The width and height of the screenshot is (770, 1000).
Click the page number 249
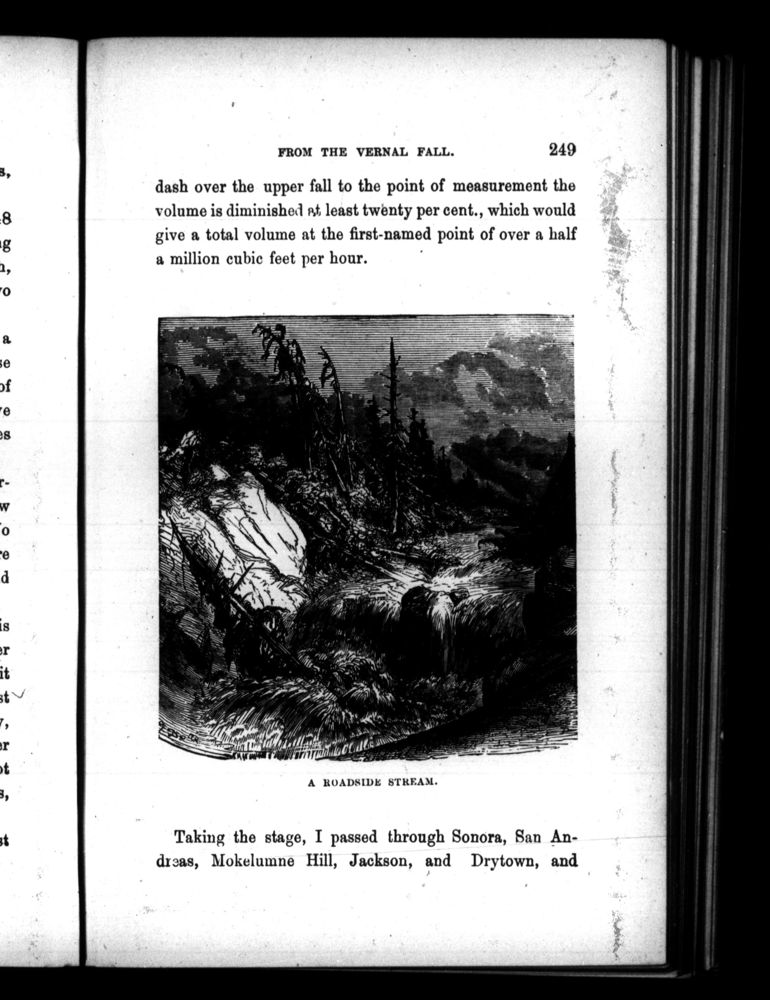[x=562, y=150]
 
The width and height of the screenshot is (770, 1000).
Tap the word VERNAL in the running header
[x=382, y=153]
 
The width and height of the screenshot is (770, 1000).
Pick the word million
[x=195, y=259]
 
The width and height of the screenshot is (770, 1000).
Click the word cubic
[x=245, y=259]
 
